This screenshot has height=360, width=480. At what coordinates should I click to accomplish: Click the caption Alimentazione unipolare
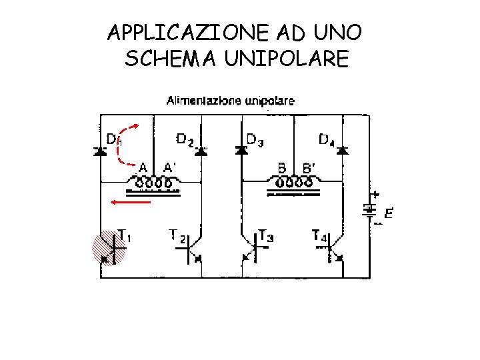coord(230,101)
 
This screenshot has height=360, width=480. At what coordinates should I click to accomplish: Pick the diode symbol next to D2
coord(201,151)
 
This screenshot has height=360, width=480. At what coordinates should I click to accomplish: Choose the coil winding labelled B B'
coord(293,182)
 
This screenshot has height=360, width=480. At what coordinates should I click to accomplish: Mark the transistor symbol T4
coord(333,251)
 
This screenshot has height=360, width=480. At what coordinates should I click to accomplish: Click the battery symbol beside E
coord(369,209)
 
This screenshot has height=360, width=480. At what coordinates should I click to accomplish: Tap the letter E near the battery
coord(388,214)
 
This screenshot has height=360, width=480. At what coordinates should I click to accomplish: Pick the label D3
coord(255,139)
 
